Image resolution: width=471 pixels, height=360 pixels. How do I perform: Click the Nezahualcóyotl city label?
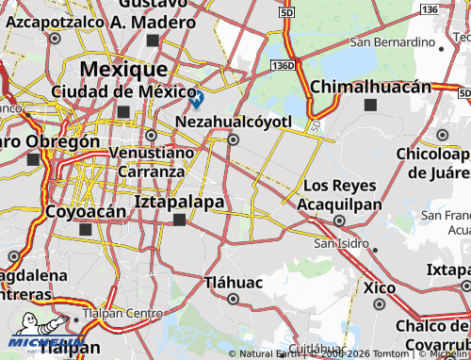240,123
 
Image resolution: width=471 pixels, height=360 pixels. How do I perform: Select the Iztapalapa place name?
179,202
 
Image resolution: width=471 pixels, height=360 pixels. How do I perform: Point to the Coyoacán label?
86,211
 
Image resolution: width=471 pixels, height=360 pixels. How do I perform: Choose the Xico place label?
379,286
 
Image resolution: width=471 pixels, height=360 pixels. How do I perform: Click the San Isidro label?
341,243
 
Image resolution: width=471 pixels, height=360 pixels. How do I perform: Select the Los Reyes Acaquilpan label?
339,194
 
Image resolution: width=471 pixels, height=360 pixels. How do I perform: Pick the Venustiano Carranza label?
152,162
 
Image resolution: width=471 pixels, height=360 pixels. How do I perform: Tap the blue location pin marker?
197,97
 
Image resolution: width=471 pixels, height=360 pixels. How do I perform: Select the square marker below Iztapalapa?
180,221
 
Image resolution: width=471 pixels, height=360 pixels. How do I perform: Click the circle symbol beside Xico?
379,304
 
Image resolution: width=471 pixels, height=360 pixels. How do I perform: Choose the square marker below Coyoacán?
86,229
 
